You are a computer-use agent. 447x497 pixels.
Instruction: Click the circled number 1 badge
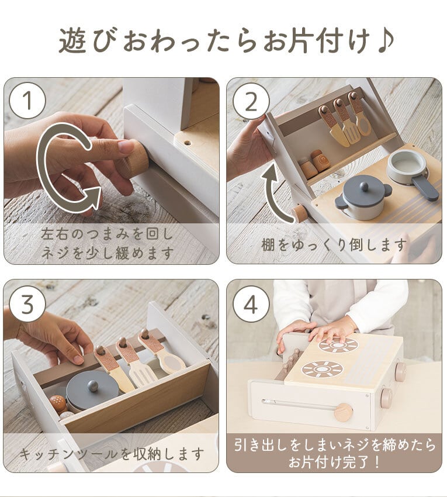(x=27, y=101)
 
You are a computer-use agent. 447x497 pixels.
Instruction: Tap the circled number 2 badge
(x=251, y=101)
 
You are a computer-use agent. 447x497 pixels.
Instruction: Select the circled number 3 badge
(x=27, y=304)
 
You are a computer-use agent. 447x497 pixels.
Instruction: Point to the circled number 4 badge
(x=251, y=304)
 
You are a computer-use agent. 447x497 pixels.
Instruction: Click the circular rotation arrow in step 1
(x=44, y=168)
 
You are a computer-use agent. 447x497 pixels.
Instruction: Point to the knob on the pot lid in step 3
(x=92, y=385)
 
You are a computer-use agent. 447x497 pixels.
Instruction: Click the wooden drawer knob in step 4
(x=343, y=412)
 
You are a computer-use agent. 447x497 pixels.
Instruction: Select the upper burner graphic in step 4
(x=338, y=345)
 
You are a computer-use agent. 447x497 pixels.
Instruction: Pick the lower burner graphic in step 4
(x=322, y=369)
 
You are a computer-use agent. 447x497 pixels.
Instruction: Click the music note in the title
(x=386, y=40)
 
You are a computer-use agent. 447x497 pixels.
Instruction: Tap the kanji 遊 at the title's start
(x=72, y=40)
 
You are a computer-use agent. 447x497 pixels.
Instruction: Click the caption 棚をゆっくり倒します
(x=334, y=244)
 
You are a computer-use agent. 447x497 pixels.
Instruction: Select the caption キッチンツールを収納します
(x=112, y=454)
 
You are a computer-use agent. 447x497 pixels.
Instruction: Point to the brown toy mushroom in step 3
(x=58, y=402)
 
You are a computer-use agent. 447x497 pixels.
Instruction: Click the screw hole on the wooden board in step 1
(x=188, y=143)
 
